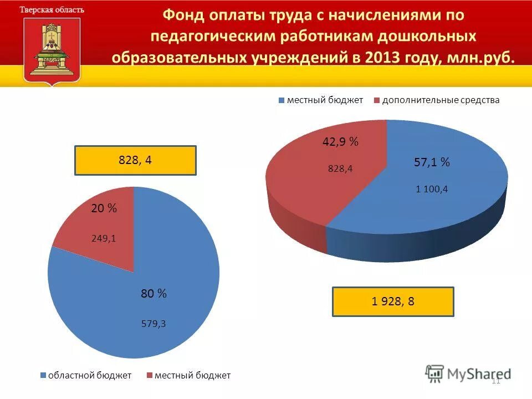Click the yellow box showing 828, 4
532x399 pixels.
pos(135,160)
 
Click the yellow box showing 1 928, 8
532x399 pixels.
pos(393,301)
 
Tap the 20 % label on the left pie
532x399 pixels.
pos(104,208)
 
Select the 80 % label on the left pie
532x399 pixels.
pos(154,294)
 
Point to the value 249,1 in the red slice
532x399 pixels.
pos(104,239)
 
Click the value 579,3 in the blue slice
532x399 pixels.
pos(154,324)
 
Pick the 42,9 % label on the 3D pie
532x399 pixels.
pos(340,142)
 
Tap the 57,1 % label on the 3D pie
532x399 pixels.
pos(432,162)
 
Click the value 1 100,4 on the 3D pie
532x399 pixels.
pos(432,189)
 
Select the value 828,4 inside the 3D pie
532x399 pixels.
pos(340,168)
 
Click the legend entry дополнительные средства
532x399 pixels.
pos(440,100)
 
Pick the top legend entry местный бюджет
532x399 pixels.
pos(324,100)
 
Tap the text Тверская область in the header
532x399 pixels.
pos(52,9)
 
